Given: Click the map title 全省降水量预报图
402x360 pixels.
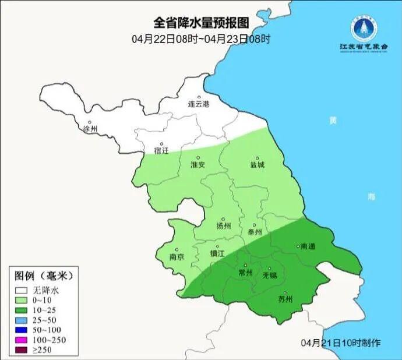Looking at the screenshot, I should (x=201, y=23).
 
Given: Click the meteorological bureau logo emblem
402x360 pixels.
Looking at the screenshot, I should (x=364, y=27).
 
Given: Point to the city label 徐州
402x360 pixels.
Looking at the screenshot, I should (x=91, y=128).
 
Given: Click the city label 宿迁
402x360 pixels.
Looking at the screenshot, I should (x=161, y=151).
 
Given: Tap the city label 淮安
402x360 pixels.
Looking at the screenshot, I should (x=198, y=164).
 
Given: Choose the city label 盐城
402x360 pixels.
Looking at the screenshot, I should (x=257, y=164).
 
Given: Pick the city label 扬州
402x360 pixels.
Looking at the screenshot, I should (x=223, y=226).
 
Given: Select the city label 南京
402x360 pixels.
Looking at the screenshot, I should (x=177, y=257).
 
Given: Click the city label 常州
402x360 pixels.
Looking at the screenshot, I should (x=246, y=272).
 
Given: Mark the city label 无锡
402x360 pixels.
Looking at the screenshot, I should (x=270, y=275).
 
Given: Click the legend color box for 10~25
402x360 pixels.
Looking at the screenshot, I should (x=22, y=309).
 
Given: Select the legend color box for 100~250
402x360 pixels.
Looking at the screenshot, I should (x=22, y=339).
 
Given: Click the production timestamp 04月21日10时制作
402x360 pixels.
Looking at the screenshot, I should (x=341, y=343).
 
